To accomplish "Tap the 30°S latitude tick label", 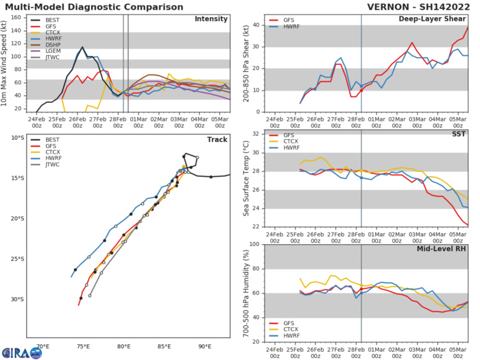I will point(16,299).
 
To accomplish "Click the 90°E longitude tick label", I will point(204,346).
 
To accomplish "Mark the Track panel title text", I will point(217,139).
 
